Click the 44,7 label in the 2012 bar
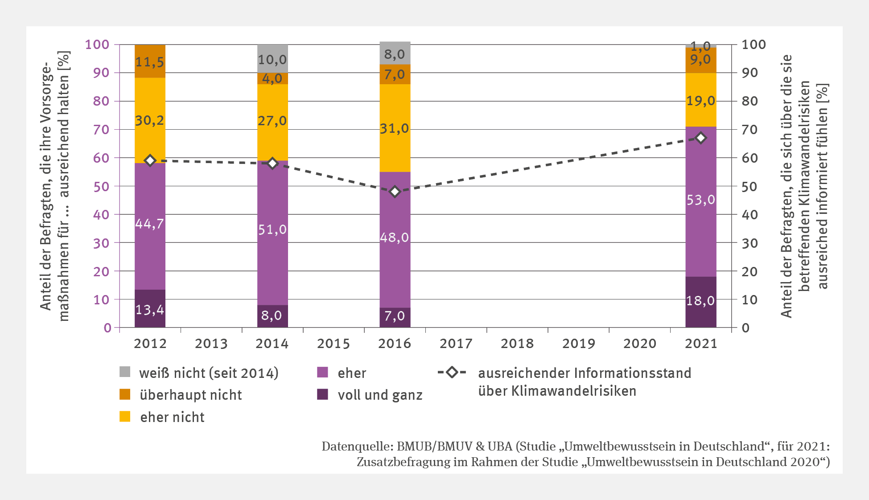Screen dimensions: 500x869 pyautogui.click(x=150, y=223)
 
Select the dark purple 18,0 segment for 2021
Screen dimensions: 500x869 pyautogui.click(x=700, y=301)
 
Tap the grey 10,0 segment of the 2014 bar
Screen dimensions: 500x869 pyautogui.click(x=272, y=59)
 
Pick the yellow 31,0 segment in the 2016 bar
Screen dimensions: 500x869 pyautogui.click(x=395, y=128)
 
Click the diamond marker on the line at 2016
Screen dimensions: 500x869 pyautogui.click(x=395, y=192)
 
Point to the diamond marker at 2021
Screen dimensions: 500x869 pyautogui.click(x=701, y=138)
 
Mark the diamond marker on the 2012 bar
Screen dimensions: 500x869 pyautogui.click(x=150, y=160)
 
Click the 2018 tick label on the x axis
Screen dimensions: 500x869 pyautogui.click(x=517, y=344)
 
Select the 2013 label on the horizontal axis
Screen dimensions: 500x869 pyautogui.click(x=211, y=344)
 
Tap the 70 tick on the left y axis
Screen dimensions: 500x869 pyautogui.click(x=101, y=130)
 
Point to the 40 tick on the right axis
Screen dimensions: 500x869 pyautogui.click(x=750, y=215)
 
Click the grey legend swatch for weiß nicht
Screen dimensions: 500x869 pyautogui.click(x=125, y=372)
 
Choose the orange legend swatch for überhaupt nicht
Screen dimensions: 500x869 pyautogui.click(x=125, y=394)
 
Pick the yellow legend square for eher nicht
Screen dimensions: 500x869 pyautogui.click(x=125, y=417)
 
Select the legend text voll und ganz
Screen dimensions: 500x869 pyautogui.click(x=380, y=395)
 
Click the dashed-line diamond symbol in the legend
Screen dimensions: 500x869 pyautogui.click(x=452, y=372)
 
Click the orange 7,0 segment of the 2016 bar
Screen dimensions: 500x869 pyautogui.click(x=395, y=74)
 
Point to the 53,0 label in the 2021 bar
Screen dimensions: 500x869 pyautogui.click(x=700, y=200)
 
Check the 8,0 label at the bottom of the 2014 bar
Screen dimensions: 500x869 pyautogui.click(x=272, y=316)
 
